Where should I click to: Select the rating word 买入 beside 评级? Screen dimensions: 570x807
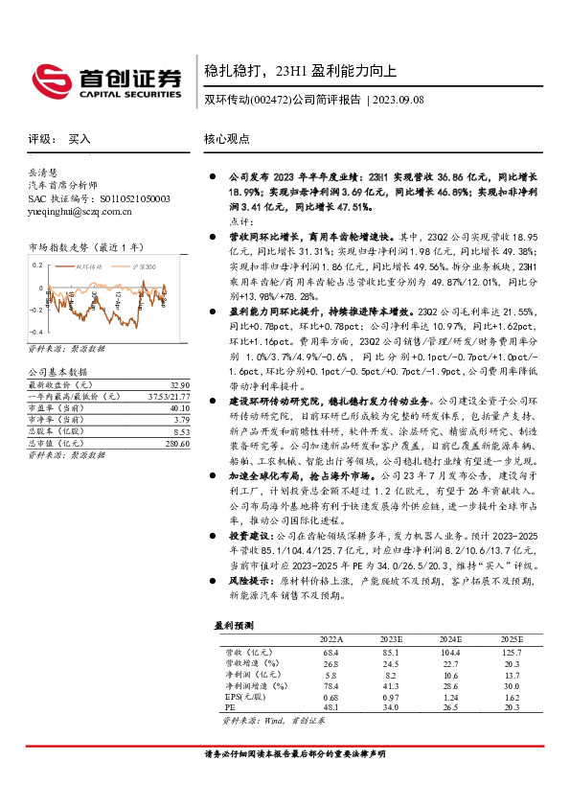point(80,139)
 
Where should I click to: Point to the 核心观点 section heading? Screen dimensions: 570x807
point(227,140)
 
